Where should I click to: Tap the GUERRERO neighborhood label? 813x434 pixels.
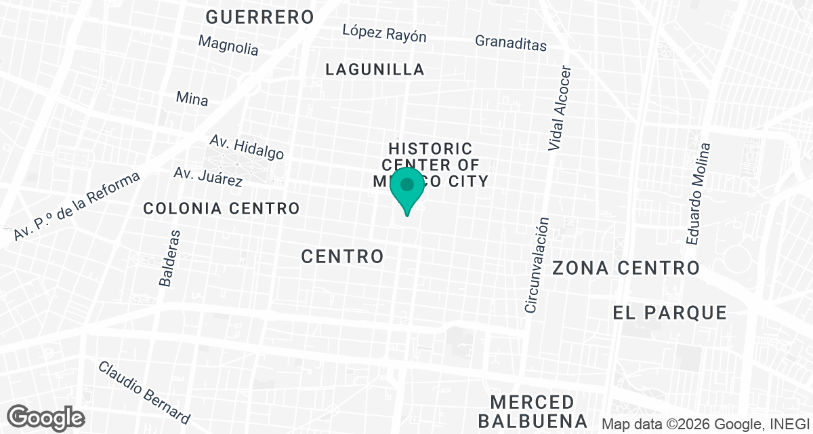point(260,17)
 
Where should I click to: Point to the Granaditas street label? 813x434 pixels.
point(510,43)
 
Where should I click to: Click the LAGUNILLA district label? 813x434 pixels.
point(375,69)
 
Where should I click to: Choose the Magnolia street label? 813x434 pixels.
point(228,45)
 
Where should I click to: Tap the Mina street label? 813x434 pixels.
point(192,98)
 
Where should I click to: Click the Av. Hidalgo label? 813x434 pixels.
point(247,146)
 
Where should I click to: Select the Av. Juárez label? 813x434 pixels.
point(208,176)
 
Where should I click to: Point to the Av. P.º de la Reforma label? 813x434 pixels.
point(76,205)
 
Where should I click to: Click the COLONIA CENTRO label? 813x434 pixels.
point(222,208)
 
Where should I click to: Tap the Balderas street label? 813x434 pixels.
point(170,258)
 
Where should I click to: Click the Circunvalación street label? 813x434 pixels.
point(537,264)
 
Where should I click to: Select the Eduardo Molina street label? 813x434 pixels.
point(699,194)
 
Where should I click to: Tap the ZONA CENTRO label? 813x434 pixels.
point(626,268)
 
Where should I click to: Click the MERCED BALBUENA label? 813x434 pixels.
point(533,410)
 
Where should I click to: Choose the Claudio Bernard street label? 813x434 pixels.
point(144,392)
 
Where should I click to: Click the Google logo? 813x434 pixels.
point(47,416)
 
